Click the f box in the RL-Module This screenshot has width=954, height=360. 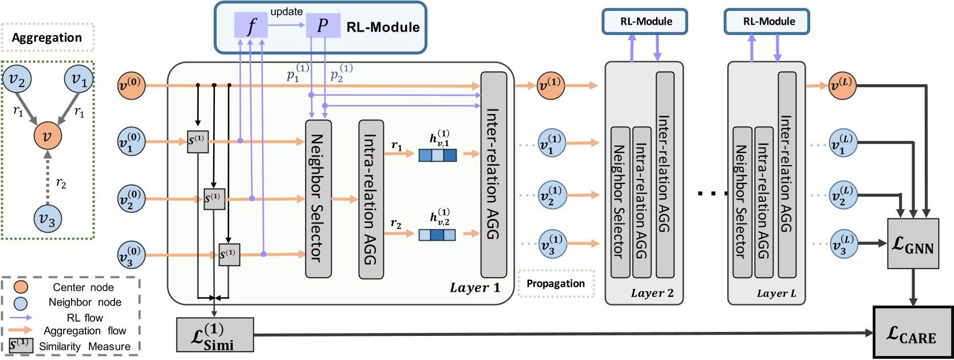point(250,26)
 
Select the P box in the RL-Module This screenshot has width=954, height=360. point(323,26)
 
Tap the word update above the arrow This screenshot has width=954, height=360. point(286,11)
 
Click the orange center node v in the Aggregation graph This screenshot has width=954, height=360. point(48,136)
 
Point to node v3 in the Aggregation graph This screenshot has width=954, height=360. point(48,218)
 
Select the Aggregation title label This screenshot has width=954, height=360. point(47,38)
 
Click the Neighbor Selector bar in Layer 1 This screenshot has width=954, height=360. point(318,198)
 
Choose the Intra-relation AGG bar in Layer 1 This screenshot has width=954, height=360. point(371,199)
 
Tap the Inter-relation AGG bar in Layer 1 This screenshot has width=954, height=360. point(493,174)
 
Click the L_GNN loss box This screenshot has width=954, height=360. point(913,244)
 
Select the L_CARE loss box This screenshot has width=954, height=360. point(913,332)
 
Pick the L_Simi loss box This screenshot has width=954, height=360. point(215,335)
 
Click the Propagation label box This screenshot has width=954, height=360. point(556,283)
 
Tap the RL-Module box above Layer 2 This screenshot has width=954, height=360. point(645,22)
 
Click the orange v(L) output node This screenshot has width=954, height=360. point(842,86)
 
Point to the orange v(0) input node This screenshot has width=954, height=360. point(131,86)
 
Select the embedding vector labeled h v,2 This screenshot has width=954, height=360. point(437,234)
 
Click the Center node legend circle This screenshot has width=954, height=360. point(21,287)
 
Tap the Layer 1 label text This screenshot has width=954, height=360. point(474,288)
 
